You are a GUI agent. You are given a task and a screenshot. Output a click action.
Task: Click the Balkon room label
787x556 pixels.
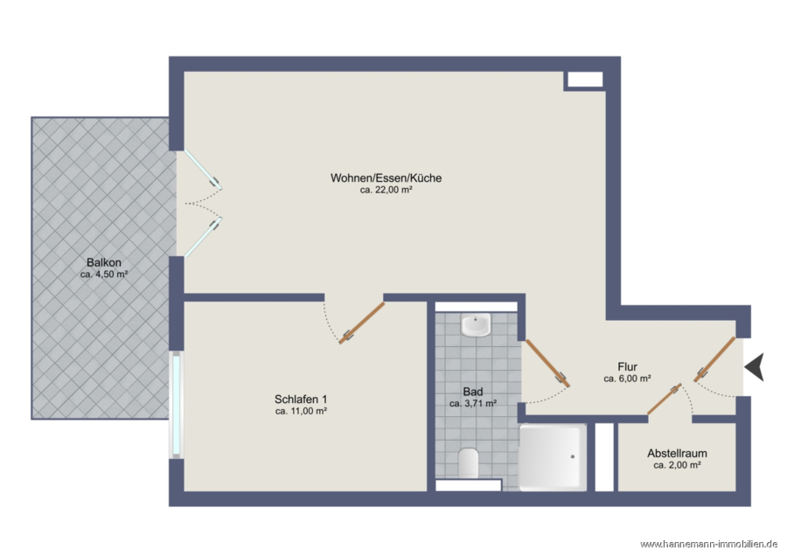click(x=104, y=262)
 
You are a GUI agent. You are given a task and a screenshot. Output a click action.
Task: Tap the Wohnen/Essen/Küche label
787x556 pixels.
click(x=386, y=178)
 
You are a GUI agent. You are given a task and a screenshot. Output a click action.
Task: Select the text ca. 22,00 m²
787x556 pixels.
click(x=386, y=191)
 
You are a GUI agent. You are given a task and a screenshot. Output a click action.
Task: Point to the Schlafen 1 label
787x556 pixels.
click(x=301, y=400)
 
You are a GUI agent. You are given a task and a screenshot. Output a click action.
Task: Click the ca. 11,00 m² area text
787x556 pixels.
click(x=301, y=412)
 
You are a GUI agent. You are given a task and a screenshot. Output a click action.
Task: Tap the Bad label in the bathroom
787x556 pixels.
click(x=473, y=392)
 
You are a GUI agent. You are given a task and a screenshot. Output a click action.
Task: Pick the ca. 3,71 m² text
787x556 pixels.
click(x=473, y=404)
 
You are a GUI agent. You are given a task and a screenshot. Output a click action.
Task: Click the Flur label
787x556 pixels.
click(x=627, y=367)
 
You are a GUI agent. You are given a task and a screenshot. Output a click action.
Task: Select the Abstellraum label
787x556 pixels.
click(x=677, y=453)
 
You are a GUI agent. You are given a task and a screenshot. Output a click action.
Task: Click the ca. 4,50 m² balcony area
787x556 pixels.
click(x=104, y=275)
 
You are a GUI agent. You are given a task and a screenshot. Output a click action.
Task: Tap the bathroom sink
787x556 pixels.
click(x=476, y=326)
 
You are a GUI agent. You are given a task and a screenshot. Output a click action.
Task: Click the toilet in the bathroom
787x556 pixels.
click(x=469, y=462)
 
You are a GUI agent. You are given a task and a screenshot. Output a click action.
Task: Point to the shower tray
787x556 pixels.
click(x=553, y=457)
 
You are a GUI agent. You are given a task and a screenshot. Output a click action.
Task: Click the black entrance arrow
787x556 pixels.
click(x=755, y=367)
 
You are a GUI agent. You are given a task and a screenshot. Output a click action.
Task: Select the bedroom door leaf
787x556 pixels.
click(x=361, y=323)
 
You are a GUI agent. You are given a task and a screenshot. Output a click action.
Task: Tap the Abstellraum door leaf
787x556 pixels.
click(x=665, y=399)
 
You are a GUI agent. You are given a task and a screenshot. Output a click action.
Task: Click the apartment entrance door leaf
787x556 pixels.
click(x=714, y=359)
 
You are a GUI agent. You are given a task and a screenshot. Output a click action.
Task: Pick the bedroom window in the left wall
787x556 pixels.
click(x=177, y=405)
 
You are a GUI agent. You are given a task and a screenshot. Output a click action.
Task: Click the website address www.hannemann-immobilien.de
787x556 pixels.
click(x=709, y=545)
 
